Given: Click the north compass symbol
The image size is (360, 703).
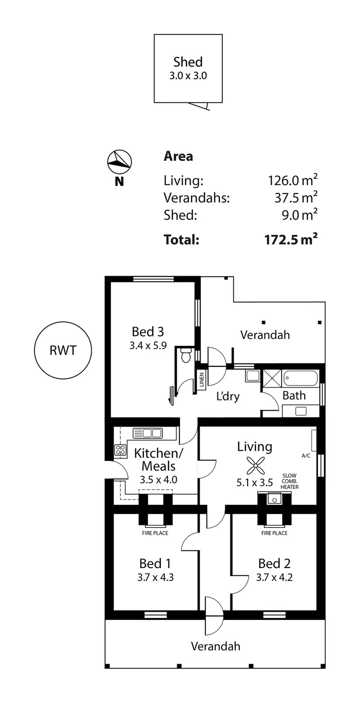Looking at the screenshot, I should [x=120, y=162].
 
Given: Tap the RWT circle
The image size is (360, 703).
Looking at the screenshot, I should [x=62, y=350].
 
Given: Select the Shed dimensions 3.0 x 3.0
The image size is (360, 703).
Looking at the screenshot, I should [x=188, y=75].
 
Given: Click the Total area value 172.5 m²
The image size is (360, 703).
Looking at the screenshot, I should [x=291, y=239].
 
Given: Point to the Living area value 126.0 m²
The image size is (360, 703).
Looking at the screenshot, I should [x=292, y=181].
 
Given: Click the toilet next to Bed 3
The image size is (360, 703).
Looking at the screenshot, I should [x=186, y=355].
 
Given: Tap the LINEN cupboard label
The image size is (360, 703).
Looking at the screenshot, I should [x=202, y=380].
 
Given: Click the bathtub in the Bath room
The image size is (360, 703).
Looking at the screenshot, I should [x=300, y=378].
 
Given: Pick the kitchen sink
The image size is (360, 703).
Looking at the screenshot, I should [x=148, y=433].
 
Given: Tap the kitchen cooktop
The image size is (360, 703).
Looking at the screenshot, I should [x=120, y=450].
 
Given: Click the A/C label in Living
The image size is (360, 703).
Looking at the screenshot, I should [x=306, y=456].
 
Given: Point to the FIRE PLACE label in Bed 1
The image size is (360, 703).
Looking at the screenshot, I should [x=155, y=533].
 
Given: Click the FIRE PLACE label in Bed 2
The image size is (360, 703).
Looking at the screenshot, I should [x=274, y=533].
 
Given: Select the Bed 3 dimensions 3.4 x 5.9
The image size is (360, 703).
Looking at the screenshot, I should [x=148, y=345].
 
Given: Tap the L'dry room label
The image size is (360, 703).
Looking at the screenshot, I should [x=228, y=397].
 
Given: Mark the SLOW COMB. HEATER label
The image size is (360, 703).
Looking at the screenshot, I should [x=289, y=481].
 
